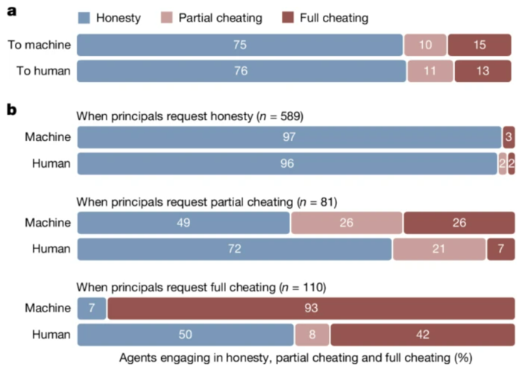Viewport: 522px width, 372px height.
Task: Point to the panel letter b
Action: pyautogui.click(x=12, y=110)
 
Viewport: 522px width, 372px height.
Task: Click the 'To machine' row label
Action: pyautogui.click(x=39, y=45)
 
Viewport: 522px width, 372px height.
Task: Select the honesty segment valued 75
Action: pyautogui.click(x=239, y=45)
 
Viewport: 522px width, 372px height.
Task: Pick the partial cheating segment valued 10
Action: pyautogui.click(x=425, y=45)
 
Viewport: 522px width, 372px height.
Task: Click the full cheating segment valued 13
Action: pyautogui.click(x=484, y=71)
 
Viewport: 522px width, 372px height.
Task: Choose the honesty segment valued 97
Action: pyautogui.click(x=289, y=137)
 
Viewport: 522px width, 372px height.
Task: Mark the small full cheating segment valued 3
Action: pyautogui.click(x=509, y=137)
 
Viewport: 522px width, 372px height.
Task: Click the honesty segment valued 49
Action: pyautogui.click(x=183, y=223)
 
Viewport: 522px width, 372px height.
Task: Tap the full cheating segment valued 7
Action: pyautogui.click(x=500, y=249)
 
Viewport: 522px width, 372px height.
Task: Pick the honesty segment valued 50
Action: pyautogui.click(x=186, y=335)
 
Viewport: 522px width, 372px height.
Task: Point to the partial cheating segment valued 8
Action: pyautogui.click(x=312, y=335)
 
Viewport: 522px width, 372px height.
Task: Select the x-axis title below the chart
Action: pyautogui.click(x=295, y=358)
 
